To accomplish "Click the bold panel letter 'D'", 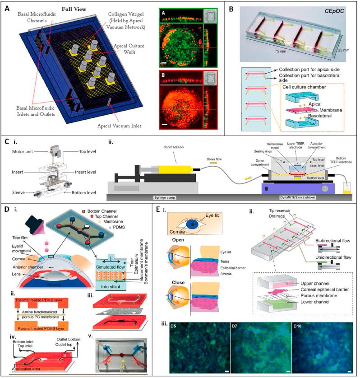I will coord(6,210).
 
